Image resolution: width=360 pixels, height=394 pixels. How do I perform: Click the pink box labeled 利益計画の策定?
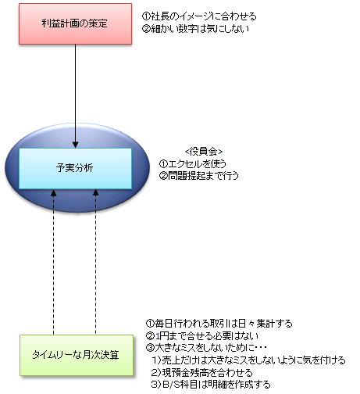[75, 23]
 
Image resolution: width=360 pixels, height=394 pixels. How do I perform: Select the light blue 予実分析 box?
[75, 168]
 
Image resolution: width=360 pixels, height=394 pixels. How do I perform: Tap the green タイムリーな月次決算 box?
[77, 355]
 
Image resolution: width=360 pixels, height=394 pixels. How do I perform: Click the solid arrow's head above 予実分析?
[75, 145]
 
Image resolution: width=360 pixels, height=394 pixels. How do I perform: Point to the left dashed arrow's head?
[53, 192]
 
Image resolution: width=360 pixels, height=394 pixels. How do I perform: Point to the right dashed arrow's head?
[96, 192]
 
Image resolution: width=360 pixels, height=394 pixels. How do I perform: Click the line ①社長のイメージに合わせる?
[199, 16]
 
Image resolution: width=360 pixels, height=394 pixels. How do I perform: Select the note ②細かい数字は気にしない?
[195, 28]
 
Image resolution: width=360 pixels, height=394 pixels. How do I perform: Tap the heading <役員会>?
[204, 152]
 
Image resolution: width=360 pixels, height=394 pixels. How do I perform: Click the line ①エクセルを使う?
[193, 163]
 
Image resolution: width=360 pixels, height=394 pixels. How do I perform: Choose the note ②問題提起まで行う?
[199, 176]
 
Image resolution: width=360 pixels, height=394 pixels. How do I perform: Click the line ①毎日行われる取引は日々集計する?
[219, 324]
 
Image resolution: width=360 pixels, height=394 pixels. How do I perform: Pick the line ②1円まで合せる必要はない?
[202, 336]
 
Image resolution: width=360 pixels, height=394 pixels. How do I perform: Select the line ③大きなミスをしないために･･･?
[206, 348]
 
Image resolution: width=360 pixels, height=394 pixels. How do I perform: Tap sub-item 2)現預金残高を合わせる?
[202, 373]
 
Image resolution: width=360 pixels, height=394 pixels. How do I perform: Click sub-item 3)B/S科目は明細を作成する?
[211, 385]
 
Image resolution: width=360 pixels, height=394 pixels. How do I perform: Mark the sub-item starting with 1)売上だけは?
[248, 360]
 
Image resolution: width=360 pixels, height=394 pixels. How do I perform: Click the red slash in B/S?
[171, 385]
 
